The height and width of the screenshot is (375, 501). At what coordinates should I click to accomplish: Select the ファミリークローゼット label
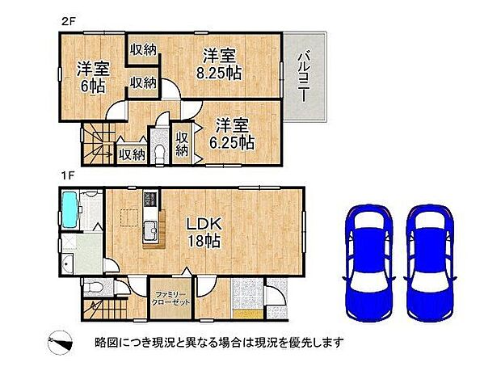[170, 299]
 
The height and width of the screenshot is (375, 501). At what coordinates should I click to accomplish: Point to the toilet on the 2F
[159, 152]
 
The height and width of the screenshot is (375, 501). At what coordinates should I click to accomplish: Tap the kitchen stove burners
[149, 200]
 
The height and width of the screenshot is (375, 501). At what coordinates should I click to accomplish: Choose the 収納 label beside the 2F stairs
[131, 153]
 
